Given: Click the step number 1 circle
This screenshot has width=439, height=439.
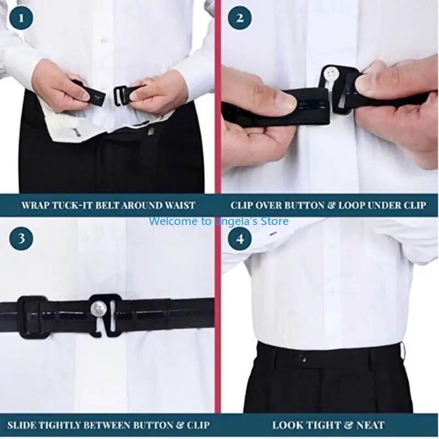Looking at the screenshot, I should (21, 19).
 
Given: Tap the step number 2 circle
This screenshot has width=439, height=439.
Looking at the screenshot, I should (239, 19).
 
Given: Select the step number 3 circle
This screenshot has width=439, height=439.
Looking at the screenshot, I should (21, 239).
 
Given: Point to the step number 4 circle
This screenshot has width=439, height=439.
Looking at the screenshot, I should (239, 239).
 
